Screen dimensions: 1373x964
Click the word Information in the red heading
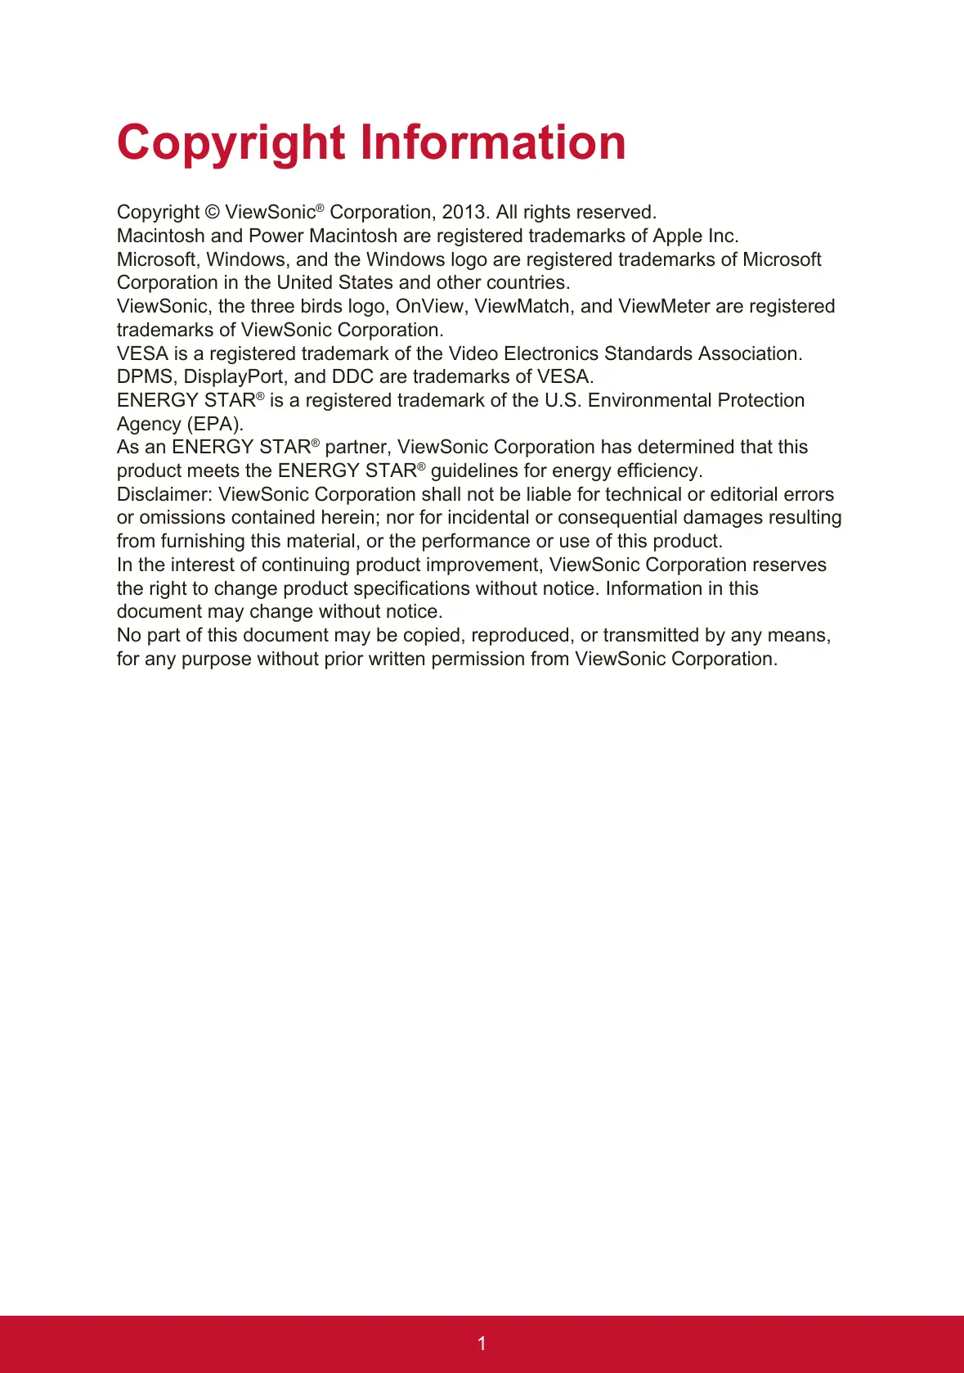point(493,142)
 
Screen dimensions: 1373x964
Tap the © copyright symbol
point(212,213)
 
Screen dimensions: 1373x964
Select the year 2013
point(464,213)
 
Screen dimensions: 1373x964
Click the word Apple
point(678,236)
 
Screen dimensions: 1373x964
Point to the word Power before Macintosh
point(276,236)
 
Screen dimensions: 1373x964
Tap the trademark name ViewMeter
point(664,307)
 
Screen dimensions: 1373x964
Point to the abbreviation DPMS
point(145,377)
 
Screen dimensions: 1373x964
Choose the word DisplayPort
point(234,377)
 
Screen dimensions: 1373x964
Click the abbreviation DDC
point(352,377)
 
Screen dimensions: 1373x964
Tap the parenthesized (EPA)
point(215,425)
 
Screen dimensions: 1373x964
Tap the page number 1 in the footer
point(482,1344)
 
